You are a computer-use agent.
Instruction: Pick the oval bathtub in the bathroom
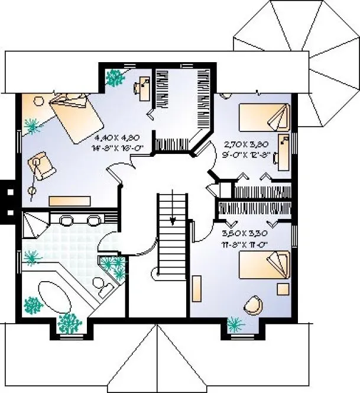click(57, 294)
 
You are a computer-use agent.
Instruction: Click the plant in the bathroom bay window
click(71, 322)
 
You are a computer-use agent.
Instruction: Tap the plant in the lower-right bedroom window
click(236, 323)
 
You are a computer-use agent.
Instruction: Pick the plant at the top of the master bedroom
click(113, 76)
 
